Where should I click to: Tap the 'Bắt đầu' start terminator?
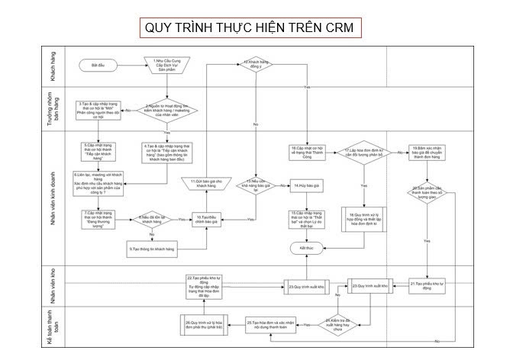[97, 66]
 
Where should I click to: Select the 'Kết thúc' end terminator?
[305, 249]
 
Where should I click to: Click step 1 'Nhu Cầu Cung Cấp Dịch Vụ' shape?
[166, 66]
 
